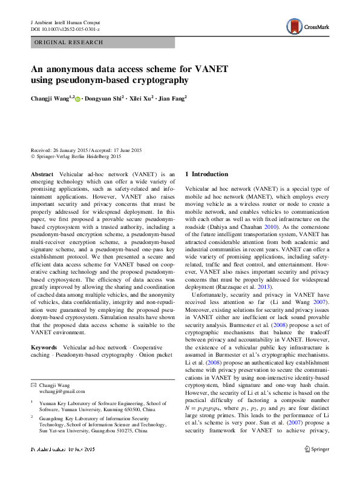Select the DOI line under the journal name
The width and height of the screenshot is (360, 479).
coord(65,29)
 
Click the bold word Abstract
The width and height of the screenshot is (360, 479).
coord(42,174)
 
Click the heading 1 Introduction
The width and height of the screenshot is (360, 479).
coord(207,174)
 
